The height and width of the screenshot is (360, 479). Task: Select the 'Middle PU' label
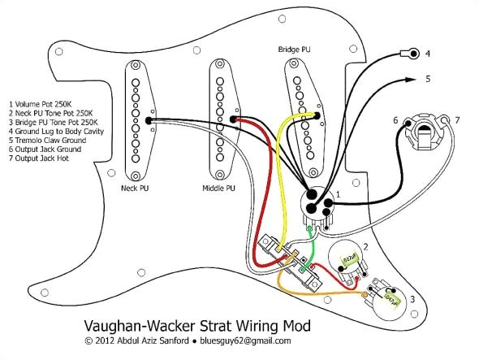[218, 188]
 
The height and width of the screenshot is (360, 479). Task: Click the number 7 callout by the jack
[457, 120]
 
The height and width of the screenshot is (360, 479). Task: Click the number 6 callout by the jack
[395, 120]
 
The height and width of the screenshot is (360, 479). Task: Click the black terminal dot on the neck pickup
[149, 120]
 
